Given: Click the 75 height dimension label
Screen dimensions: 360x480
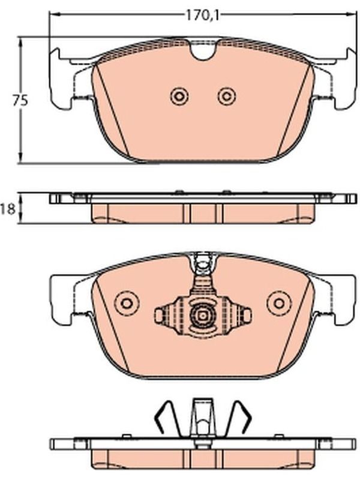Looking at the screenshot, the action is (x=20, y=100).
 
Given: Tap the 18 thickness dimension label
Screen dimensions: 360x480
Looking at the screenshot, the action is (x=8, y=209).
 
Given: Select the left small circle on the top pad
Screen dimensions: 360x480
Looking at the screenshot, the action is (x=179, y=97).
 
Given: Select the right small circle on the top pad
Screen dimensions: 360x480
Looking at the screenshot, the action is (x=227, y=97).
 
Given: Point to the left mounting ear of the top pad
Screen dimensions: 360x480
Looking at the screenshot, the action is (x=61, y=79).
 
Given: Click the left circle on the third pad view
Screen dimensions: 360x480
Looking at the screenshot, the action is (x=126, y=303).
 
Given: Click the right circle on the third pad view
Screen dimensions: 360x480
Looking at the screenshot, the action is (x=278, y=303).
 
